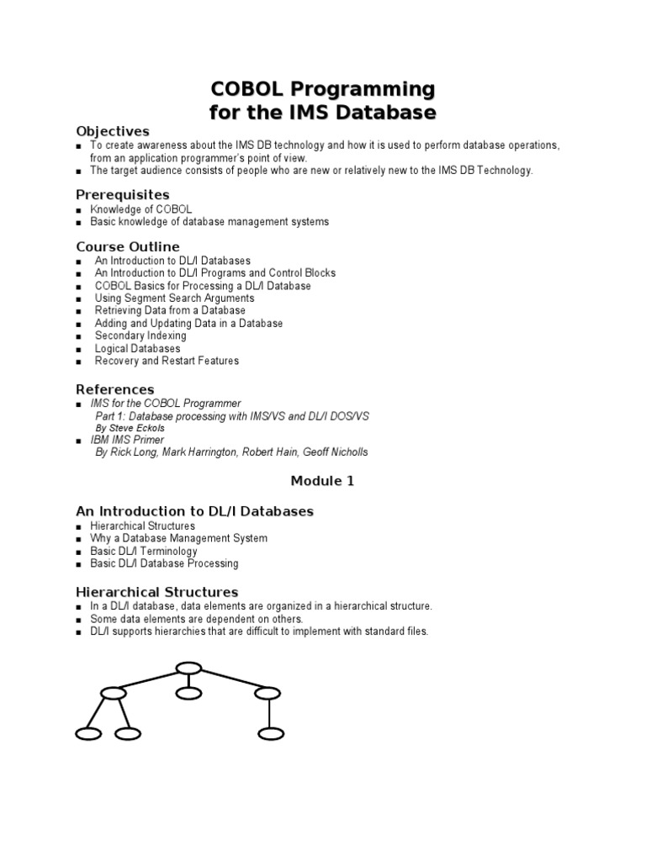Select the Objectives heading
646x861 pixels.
coord(113,131)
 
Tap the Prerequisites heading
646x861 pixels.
coord(123,195)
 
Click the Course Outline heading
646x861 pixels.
coord(128,246)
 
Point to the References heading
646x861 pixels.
coord(115,389)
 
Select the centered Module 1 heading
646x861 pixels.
coord(323,481)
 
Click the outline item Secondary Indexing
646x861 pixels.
coord(140,335)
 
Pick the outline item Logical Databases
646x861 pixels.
coord(137,348)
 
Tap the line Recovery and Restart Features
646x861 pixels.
coord(167,361)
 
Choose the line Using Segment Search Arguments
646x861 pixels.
coord(174,298)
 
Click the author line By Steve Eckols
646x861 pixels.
coord(130,428)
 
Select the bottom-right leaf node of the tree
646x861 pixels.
coord(271,734)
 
